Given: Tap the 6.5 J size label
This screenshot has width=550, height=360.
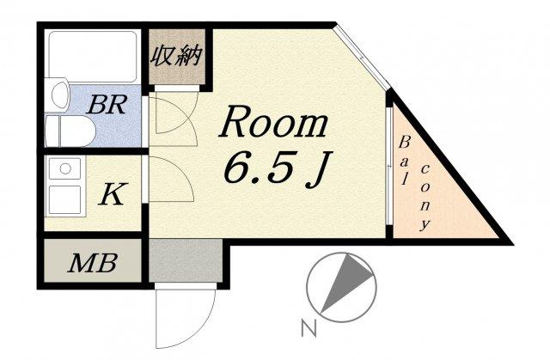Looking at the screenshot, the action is point(277,168).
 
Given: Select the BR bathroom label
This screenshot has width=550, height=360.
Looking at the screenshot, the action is point(107,104).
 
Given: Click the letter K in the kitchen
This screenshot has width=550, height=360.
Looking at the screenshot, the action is point(112,193).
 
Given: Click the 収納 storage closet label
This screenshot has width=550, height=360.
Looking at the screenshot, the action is point(177,56).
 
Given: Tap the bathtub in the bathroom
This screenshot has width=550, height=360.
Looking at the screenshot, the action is point(93,57).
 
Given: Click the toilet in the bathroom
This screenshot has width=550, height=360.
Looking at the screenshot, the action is point(70,131).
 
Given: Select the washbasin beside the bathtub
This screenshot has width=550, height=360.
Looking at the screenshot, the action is point(59,94).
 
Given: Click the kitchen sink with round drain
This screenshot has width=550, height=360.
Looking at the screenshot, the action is point(65,168).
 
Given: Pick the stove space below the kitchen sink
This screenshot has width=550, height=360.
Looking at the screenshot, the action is point(65,199).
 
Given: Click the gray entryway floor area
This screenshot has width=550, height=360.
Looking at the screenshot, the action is point(186,260).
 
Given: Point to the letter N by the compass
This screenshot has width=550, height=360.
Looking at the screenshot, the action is point(309,328).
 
